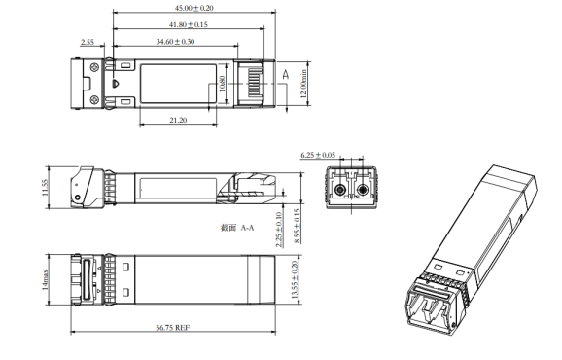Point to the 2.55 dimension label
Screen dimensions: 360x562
[87, 42]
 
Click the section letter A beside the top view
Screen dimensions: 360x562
[285, 74]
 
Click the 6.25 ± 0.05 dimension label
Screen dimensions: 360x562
[319, 155]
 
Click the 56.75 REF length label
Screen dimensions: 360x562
[175, 328]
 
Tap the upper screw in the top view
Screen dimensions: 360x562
[93, 67]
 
